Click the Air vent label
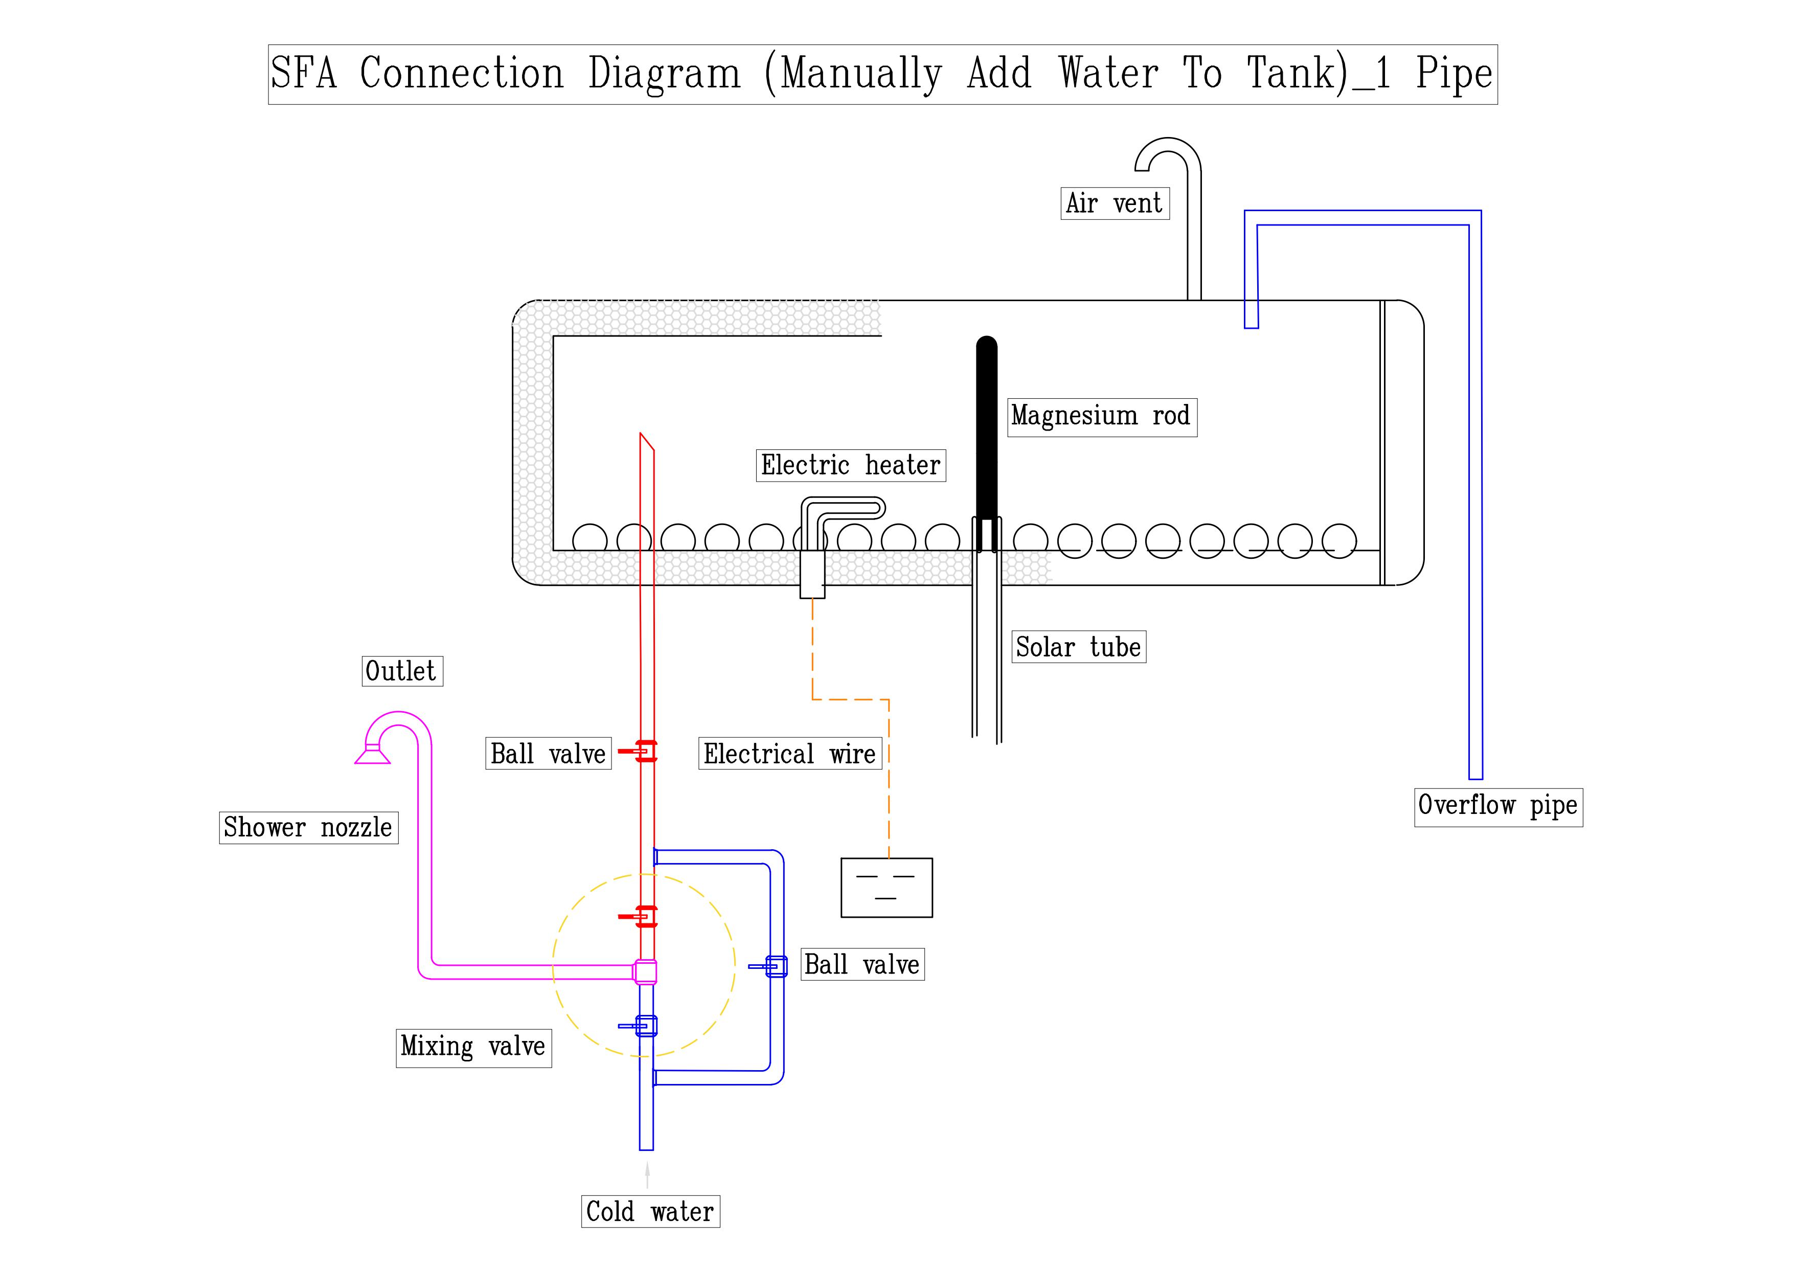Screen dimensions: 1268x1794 (x=1114, y=203)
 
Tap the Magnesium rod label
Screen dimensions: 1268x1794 (x=1102, y=416)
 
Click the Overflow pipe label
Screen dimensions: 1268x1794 (x=1498, y=805)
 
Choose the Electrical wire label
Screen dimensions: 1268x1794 (x=789, y=754)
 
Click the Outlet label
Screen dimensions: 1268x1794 (x=402, y=671)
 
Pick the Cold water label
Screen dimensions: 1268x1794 (x=650, y=1212)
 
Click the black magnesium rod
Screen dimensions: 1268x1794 (x=987, y=429)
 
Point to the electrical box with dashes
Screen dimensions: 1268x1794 (x=886, y=888)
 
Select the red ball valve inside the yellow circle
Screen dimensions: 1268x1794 (x=645, y=916)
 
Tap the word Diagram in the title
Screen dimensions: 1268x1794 (x=664, y=74)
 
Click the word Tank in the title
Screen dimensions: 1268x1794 (x=1297, y=74)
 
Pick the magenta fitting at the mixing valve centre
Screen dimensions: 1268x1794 (x=645, y=971)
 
